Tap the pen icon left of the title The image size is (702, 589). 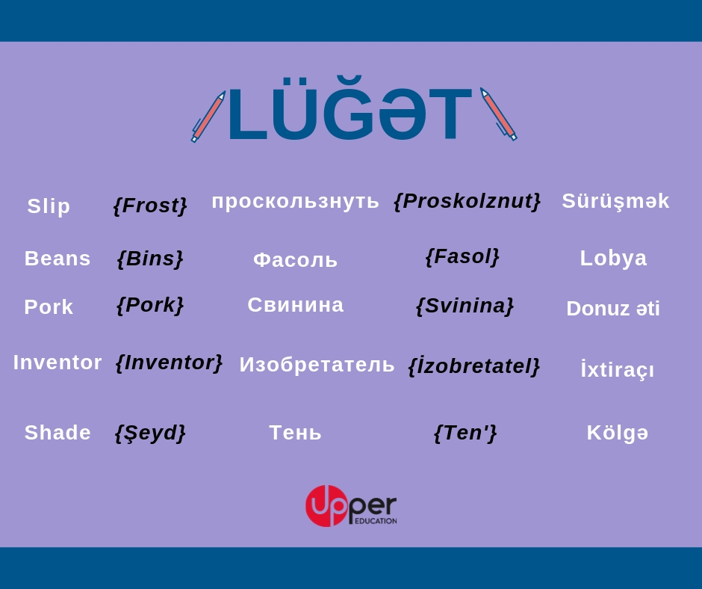pos(208,117)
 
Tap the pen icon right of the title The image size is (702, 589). pos(498,114)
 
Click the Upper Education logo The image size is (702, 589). pos(351,505)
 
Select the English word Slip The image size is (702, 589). pos(49,206)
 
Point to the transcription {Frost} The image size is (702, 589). pos(150,206)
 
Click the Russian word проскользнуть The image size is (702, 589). pos(295,201)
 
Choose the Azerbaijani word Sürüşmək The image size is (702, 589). pos(615,201)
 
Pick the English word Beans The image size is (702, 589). pos(58,259)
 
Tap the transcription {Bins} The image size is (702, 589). pos(150,259)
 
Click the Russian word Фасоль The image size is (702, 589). pos(295,260)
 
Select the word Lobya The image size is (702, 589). pos(613,259)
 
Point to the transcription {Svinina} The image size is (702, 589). pos(465,306)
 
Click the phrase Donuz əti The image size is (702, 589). pos(613,309)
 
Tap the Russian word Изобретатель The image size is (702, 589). pos(317,365)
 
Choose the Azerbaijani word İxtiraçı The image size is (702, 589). pos(617,369)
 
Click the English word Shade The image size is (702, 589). pos(58,433)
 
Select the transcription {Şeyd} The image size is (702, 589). pos(150,434)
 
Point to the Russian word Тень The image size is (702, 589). pos(295,433)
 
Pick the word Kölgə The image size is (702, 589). pos(618,433)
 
